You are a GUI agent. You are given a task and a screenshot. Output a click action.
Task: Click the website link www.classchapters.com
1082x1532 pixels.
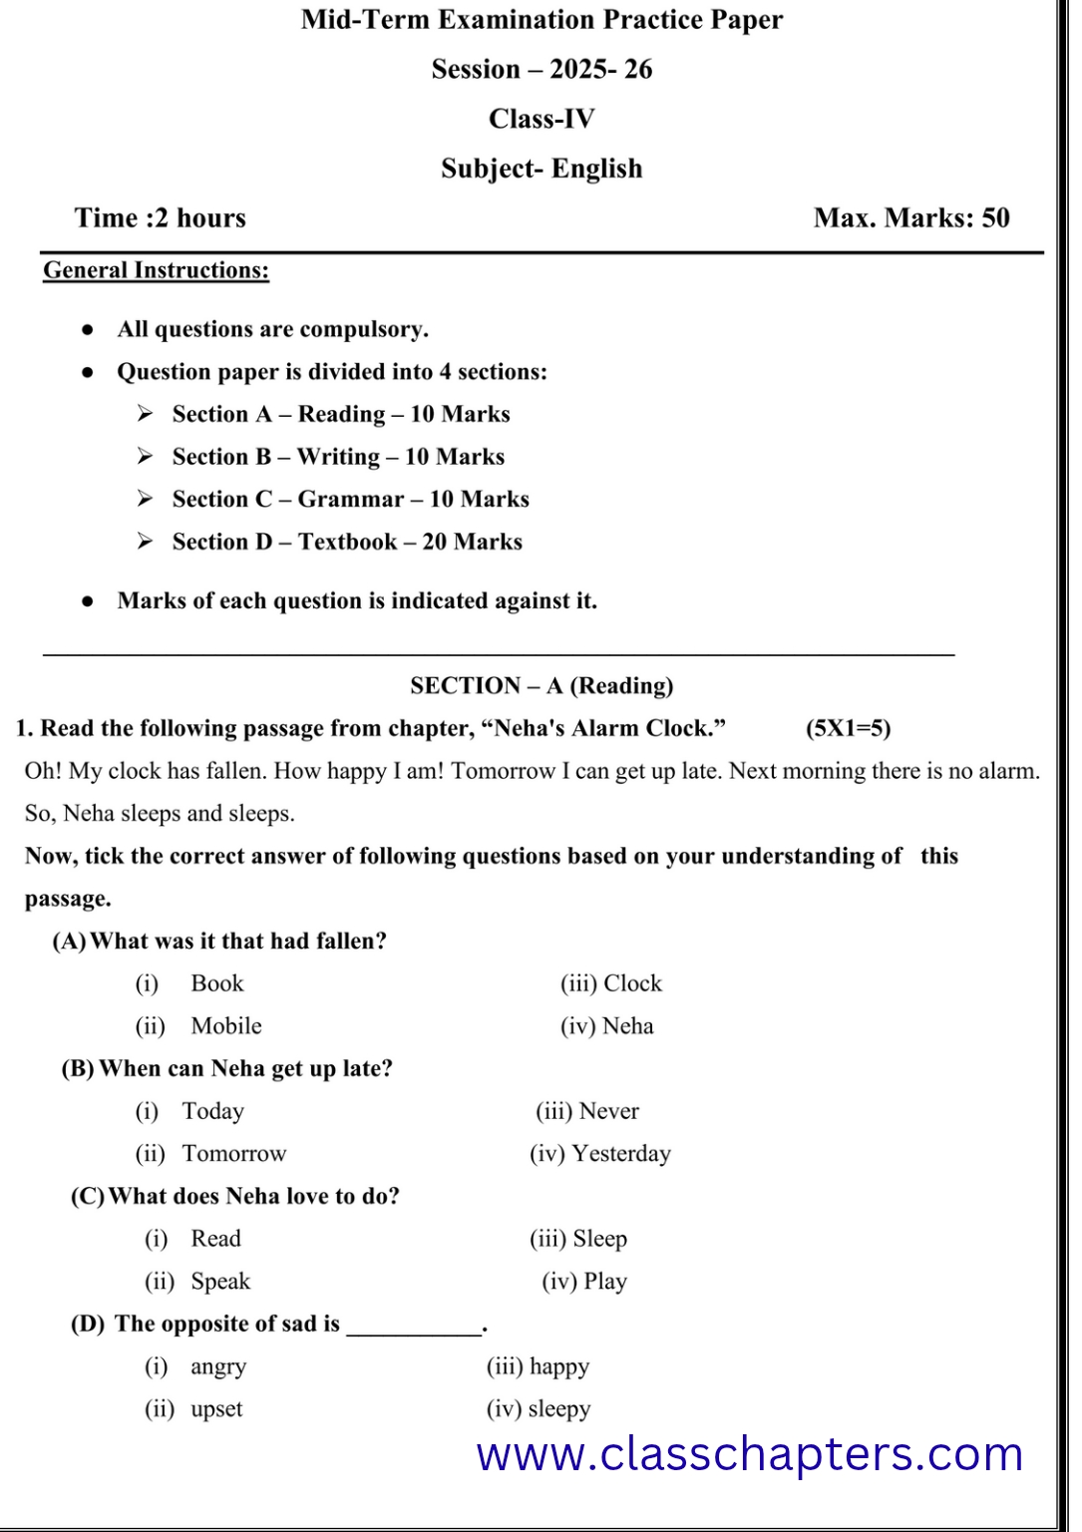(x=749, y=1454)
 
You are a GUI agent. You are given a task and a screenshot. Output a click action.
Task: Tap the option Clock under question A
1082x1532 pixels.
(x=631, y=983)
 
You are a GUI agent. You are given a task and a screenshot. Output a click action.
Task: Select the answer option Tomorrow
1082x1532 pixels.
(x=233, y=1154)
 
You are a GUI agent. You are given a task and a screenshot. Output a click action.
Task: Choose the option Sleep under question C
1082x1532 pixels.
(x=599, y=1239)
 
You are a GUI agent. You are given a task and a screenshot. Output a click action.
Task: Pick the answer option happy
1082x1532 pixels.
(x=558, y=1366)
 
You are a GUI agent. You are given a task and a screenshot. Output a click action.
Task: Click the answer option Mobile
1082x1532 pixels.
(x=226, y=1026)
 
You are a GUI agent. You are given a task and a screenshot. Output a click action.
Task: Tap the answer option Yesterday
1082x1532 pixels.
(x=620, y=1154)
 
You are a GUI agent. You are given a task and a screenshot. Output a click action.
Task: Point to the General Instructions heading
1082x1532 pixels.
(x=156, y=270)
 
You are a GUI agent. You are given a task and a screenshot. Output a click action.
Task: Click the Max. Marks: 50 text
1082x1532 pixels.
(x=910, y=217)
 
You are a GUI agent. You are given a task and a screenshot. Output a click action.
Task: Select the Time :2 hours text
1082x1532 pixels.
(x=160, y=217)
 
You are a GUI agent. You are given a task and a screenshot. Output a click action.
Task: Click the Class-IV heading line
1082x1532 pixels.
(x=541, y=119)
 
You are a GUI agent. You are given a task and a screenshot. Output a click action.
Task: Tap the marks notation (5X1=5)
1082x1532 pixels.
(x=848, y=728)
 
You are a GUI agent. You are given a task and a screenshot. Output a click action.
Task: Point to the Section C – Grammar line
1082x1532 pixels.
(x=350, y=499)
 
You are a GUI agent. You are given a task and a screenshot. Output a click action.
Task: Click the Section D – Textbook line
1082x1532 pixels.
(x=347, y=542)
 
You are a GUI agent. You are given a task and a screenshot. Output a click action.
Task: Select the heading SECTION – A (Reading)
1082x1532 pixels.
(x=541, y=685)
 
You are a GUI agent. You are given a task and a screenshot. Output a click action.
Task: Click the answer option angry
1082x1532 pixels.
(x=218, y=1366)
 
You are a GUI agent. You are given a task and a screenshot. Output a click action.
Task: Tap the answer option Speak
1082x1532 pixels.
(x=220, y=1282)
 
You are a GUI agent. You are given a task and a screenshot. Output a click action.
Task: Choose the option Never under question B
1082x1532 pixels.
(x=608, y=1111)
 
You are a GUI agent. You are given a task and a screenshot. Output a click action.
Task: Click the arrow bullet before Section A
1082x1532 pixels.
(x=146, y=413)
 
